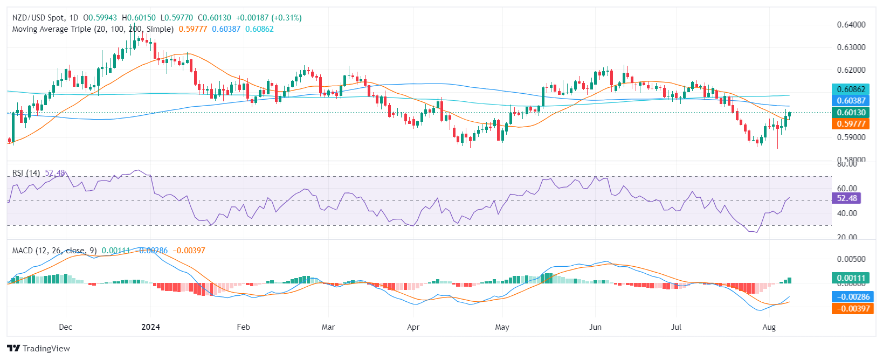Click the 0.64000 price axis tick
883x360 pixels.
(851, 25)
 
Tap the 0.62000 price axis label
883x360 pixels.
(851, 70)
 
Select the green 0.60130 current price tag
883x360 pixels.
(851, 112)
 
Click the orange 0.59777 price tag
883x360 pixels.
(851, 123)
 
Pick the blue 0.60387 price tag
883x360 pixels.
(851, 100)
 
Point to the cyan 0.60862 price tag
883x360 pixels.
(851, 89)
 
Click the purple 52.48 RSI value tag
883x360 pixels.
(847, 198)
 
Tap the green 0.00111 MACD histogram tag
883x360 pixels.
(851, 278)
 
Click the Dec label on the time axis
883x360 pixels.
(65, 327)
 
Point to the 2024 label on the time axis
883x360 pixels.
(150, 327)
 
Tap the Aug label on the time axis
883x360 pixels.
(769, 327)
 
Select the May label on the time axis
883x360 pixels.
(502, 327)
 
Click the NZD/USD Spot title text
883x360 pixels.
(38, 18)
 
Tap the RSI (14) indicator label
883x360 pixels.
(26, 173)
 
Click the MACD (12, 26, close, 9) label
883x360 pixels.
(54, 251)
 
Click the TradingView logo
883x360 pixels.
(39, 348)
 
